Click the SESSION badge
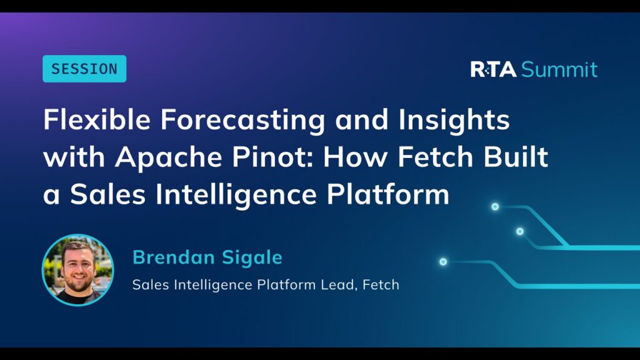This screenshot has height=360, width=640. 84,69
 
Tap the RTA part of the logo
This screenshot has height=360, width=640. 493,69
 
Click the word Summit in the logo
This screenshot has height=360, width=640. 559,69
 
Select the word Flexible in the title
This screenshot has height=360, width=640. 97,119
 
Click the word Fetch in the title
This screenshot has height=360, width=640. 435,156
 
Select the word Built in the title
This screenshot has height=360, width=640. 516,156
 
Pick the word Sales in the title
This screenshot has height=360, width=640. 107,194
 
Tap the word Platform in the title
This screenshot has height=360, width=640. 387,194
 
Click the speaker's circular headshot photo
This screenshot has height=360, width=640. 77,270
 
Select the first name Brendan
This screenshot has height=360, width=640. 174,257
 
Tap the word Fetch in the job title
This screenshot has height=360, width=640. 381,284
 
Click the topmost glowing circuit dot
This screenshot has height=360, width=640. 495,206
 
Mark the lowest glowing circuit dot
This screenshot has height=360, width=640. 443,262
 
